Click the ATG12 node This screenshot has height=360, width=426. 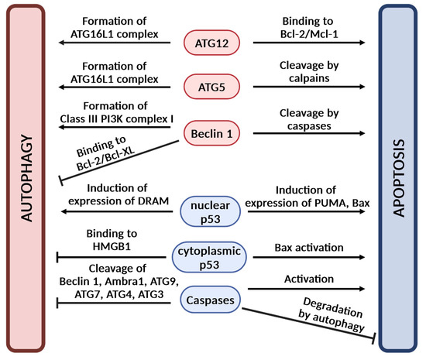[211, 43]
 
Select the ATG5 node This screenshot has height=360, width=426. [211, 87]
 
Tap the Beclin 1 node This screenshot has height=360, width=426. [211, 133]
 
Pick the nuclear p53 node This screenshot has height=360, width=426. [210, 212]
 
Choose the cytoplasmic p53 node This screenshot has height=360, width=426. [209, 257]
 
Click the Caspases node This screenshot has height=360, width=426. [210, 300]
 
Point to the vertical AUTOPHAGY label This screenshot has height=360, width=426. [27, 178]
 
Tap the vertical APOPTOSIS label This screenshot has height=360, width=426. [399, 178]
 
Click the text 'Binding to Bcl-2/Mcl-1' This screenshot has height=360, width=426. [309, 27]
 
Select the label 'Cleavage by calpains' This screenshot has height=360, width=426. [309, 72]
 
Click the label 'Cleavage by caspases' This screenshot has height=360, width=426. [309, 119]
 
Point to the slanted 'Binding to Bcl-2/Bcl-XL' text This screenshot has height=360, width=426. [105, 153]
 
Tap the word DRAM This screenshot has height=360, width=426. [153, 201]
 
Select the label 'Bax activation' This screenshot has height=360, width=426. [309, 247]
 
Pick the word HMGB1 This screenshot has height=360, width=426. [112, 246]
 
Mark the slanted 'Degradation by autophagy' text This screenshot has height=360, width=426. [332, 314]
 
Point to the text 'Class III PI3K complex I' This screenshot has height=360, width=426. [116, 119]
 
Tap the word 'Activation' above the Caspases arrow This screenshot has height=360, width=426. [309, 279]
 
